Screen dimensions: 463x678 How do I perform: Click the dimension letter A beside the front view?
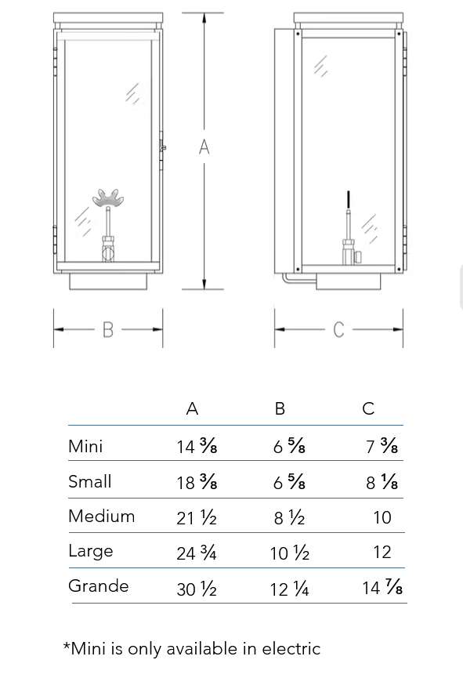point(204,147)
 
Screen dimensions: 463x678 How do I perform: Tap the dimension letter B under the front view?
point(108,329)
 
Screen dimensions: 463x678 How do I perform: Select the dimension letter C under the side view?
point(338,329)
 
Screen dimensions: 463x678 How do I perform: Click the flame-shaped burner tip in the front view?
point(108,198)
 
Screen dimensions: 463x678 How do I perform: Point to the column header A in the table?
point(193,408)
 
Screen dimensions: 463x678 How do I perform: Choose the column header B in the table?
point(280,408)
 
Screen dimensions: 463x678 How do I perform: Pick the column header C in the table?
point(368,408)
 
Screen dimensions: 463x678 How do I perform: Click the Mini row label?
point(85,446)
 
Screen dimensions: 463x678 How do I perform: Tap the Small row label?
point(90,481)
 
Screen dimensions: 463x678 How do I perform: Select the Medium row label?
point(102,516)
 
